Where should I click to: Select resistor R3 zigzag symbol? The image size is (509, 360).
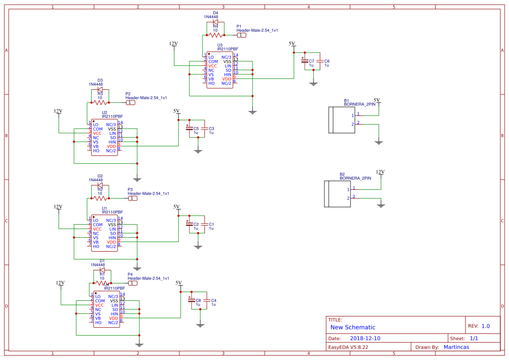pos(100,103)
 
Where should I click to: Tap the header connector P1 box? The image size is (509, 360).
pos(242,35)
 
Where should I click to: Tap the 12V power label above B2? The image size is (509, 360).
pos(381,172)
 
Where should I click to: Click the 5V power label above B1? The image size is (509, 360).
pos(377,100)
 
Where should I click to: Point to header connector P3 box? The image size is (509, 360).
pos(132,198)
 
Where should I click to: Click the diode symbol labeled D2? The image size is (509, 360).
pos(100,185)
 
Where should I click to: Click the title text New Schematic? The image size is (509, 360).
pos(353,327)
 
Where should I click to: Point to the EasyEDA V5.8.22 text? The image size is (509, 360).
pos(348,347)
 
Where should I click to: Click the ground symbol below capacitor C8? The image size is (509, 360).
pos(200,325)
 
